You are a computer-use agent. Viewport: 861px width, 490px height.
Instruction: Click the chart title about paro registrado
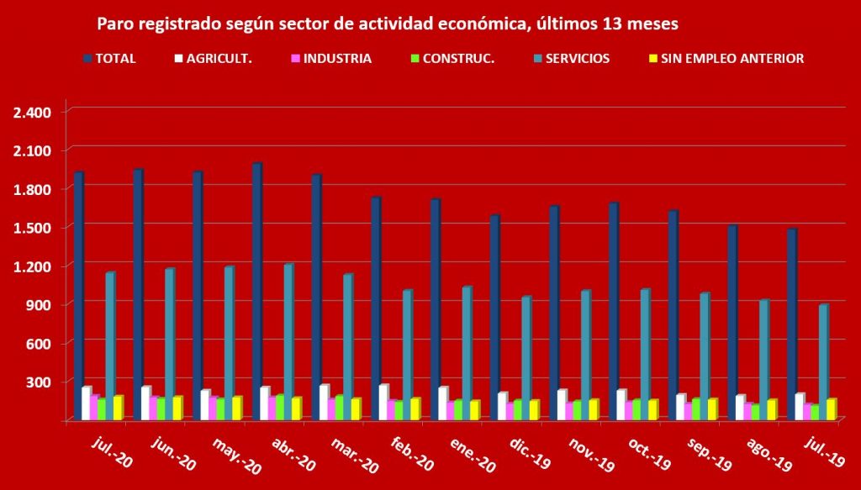(388, 24)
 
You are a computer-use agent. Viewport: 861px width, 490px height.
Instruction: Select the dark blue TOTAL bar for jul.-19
(791, 324)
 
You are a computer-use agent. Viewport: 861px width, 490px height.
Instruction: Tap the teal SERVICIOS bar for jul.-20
(109, 345)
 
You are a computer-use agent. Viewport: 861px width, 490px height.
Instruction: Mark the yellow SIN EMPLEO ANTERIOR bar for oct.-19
(652, 408)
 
